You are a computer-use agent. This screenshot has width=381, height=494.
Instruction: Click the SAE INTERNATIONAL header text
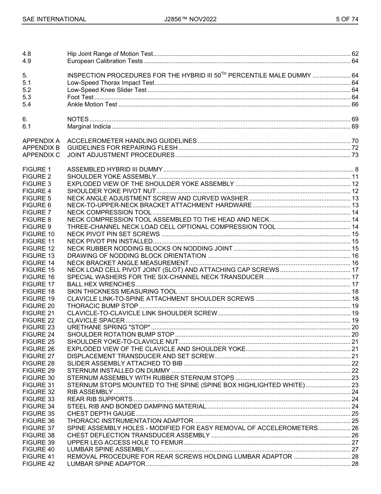54,19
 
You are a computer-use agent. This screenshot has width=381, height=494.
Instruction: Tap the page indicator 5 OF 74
347,19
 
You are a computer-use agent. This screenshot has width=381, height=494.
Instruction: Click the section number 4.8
27,54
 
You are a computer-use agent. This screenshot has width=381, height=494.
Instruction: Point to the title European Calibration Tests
105,61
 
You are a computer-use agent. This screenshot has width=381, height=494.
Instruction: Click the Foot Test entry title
80,97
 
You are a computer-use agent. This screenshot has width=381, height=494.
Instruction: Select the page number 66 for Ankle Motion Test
355,104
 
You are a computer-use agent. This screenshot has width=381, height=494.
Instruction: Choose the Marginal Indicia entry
89,127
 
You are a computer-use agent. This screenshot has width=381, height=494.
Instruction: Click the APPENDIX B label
41,148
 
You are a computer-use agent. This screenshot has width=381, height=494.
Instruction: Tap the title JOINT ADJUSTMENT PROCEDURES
121,155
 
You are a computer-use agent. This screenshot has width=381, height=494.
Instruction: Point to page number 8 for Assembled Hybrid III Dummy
356,169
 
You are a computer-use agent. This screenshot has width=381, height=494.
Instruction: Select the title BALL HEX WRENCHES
101,284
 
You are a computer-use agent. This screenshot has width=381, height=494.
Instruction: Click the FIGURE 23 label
39,327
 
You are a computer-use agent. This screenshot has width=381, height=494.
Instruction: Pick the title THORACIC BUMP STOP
103,306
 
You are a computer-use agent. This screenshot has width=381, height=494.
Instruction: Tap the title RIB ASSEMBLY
90,392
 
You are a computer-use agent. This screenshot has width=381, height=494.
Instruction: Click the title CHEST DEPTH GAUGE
101,414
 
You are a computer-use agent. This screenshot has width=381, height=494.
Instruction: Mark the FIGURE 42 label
39,464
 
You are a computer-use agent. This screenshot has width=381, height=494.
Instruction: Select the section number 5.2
27,90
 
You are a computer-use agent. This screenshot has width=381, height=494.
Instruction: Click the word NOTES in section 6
78,119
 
